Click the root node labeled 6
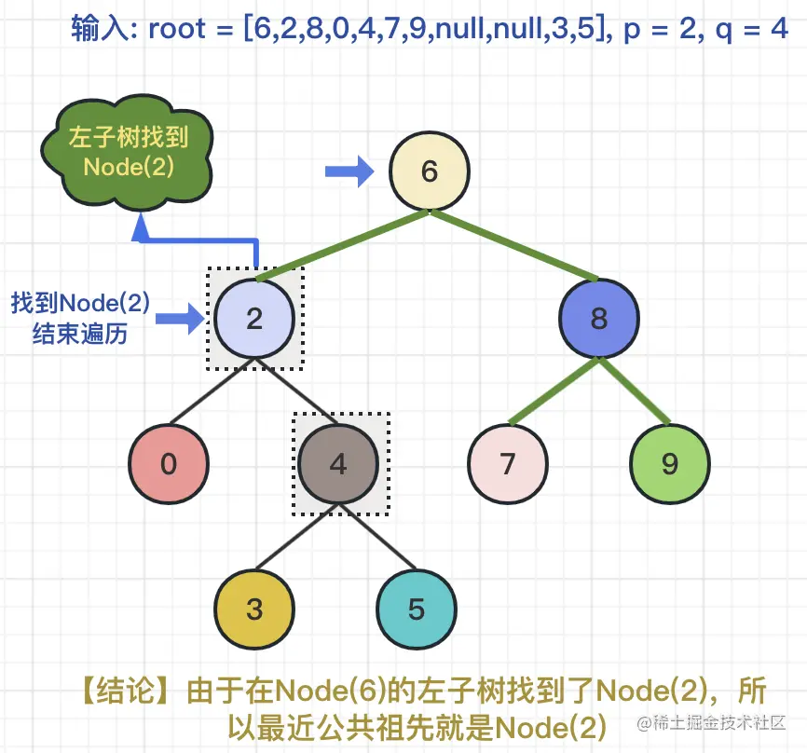pyautogui.click(x=430, y=171)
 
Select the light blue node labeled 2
pyautogui.click(x=254, y=318)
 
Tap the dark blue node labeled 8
pyautogui.click(x=599, y=318)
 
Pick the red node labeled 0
pyautogui.click(x=169, y=464)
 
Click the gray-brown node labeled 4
pyautogui.click(x=338, y=464)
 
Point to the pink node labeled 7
pyautogui.click(x=508, y=464)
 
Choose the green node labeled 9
pyautogui.click(x=670, y=464)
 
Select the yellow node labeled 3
pyautogui.click(x=254, y=609)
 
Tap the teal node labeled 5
pyautogui.click(x=417, y=609)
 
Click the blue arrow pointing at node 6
pyautogui.click(x=349, y=171)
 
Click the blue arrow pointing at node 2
pyautogui.click(x=180, y=319)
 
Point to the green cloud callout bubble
pyautogui.click(x=127, y=152)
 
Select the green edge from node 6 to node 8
pyautogui.click(x=514, y=245)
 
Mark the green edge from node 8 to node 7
pyautogui.click(x=554, y=391)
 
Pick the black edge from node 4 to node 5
pyautogui.click(x=377, y=537)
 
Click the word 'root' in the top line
pyautogui.click(x=177, y=29)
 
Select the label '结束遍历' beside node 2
pyautogui.click(x=80, y=334)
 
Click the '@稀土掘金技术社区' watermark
pyautogui.click(x=711, y=723)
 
